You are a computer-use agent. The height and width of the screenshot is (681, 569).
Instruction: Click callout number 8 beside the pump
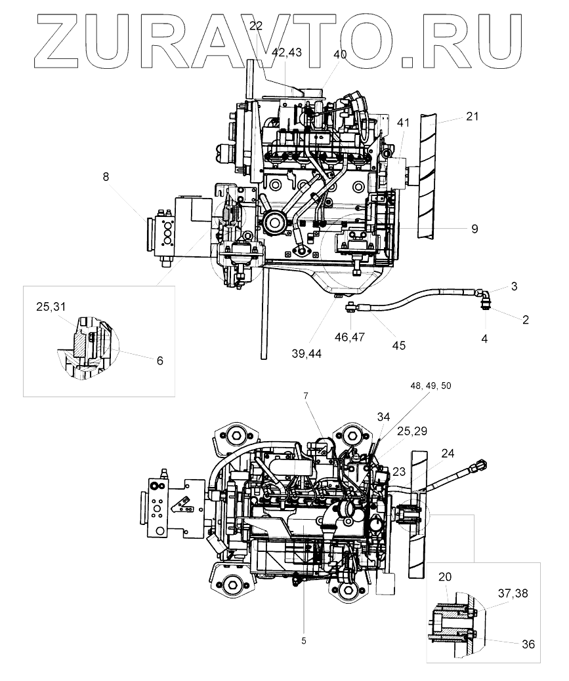point(106,177)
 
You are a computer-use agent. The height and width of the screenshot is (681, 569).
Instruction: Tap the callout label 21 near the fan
point(472,117)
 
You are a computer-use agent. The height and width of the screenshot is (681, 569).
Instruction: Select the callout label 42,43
point(287,52)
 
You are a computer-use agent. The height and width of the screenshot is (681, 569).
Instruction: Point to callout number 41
point(403,123)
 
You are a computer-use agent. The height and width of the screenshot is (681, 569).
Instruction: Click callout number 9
point(474,229)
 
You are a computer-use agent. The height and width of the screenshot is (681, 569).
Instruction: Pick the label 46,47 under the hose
point(350,336)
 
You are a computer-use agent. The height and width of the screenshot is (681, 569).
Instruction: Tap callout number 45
point(399,345)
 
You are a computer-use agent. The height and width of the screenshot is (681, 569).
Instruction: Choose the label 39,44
point(306,354)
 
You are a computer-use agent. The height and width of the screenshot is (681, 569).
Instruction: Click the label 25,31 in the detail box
point(51,307)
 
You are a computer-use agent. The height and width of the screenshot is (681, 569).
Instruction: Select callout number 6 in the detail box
point(160,360)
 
